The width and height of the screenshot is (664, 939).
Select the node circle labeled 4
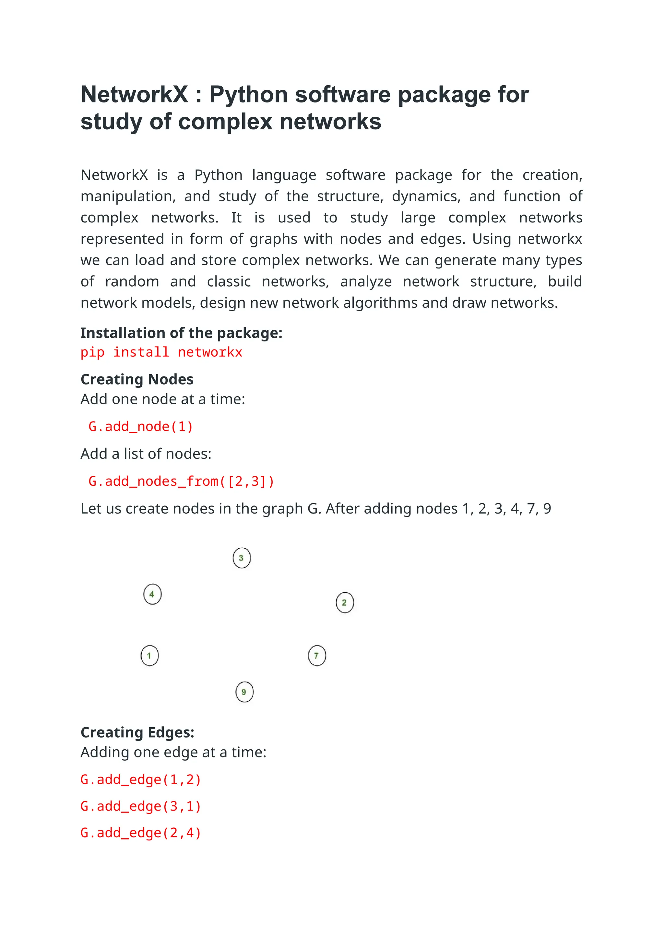point(152,594)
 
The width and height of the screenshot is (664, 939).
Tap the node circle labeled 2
point(345,602)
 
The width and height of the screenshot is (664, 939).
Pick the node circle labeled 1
point(150,656)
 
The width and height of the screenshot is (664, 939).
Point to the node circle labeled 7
point(317,656)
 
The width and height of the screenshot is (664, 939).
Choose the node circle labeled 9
point(244,692)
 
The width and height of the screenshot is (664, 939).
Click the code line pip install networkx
point(161,352)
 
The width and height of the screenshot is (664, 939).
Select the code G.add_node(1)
point(141,427)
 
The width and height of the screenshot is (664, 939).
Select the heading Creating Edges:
point(137,732)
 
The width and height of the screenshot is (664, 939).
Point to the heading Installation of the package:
point(181,333)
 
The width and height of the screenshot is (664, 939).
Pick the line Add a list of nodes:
point(146,454)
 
